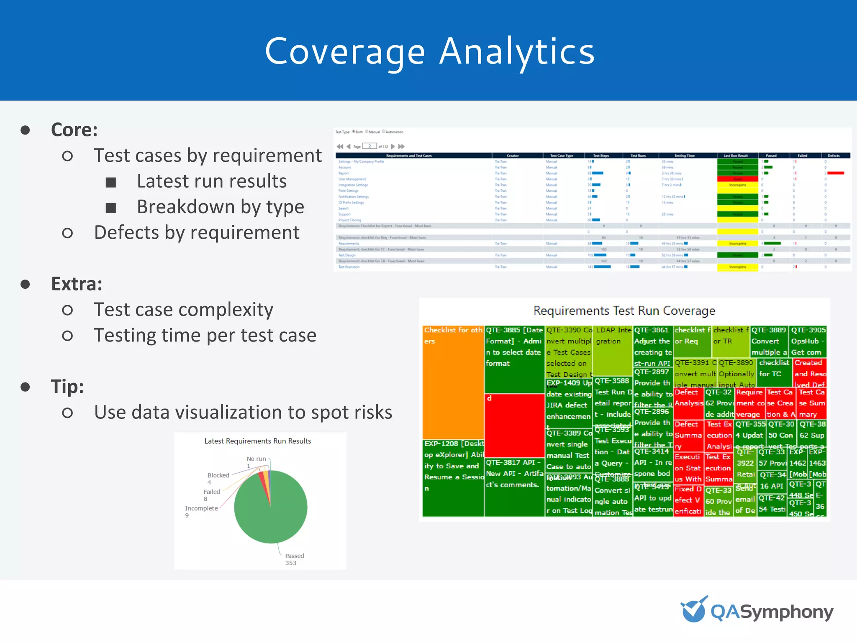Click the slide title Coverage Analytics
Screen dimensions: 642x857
429,51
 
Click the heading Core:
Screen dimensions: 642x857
74,130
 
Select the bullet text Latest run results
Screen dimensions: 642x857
212,181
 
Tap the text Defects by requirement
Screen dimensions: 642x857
197,232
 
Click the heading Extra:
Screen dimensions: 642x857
77,284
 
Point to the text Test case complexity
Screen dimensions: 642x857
183,310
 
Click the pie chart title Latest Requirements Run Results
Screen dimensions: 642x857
257,441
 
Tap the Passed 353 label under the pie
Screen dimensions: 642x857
294,559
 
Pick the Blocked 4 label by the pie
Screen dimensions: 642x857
218,478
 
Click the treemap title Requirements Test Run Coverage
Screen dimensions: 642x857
624,311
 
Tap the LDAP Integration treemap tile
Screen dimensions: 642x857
613,351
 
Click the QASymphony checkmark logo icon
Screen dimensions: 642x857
694,609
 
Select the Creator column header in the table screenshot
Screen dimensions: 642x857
513,155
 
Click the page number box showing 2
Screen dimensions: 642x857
369,146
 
